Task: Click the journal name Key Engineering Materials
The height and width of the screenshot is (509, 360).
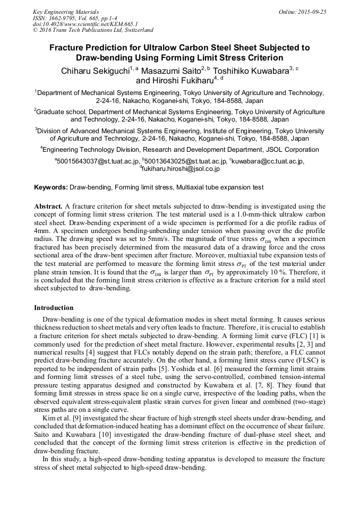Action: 65,11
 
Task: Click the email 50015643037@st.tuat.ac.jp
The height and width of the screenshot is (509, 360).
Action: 98,160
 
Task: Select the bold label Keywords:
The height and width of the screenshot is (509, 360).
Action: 51,187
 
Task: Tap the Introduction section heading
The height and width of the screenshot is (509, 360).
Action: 54,307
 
